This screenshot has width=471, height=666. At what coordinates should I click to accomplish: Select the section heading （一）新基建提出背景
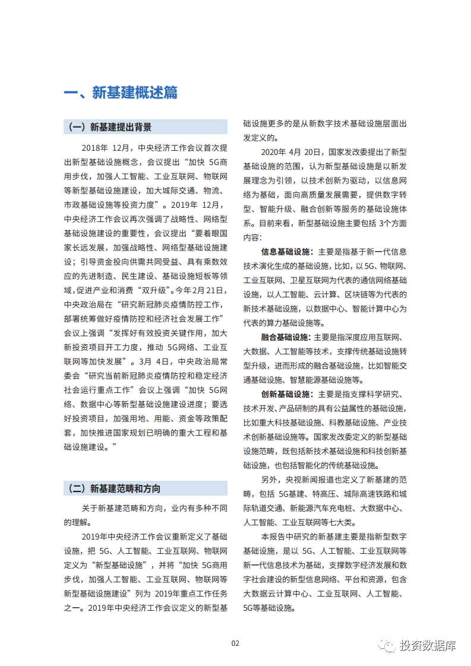click(110, 127)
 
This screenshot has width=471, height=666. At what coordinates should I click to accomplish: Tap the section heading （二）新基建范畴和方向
click(114, 489)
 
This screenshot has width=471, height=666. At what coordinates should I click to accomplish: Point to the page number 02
click(235, 643)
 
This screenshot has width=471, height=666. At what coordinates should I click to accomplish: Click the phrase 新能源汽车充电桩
click(324, 508)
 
